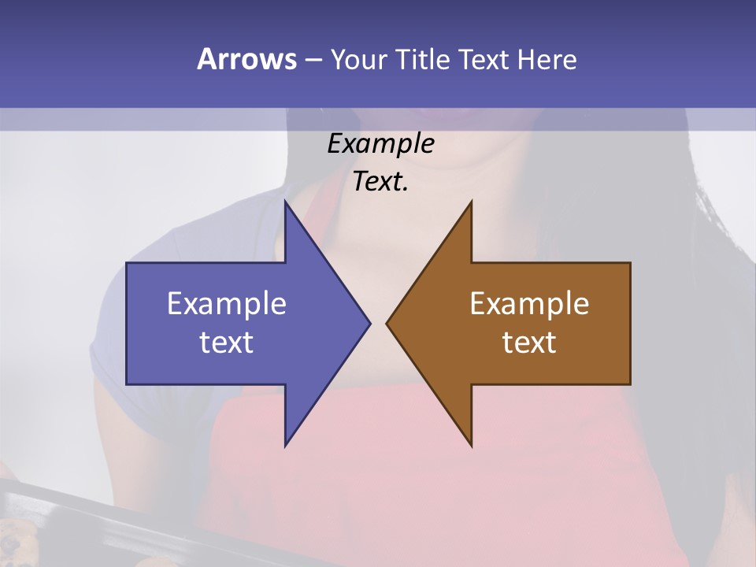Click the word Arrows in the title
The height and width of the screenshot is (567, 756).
[246, 59]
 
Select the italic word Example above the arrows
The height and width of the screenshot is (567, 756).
[381, 144]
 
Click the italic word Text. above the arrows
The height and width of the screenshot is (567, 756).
[381, 182]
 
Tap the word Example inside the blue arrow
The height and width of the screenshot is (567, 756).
[227, 304]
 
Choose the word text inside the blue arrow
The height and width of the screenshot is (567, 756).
[227, 343]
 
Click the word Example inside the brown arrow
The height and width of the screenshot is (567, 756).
[529, 304]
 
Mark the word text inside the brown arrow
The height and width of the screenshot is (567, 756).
[529, 343]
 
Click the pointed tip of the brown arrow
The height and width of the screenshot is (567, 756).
[387, 323]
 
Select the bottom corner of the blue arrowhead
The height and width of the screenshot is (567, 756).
[286, 445]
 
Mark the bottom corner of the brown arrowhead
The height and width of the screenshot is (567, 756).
[471, 445]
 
